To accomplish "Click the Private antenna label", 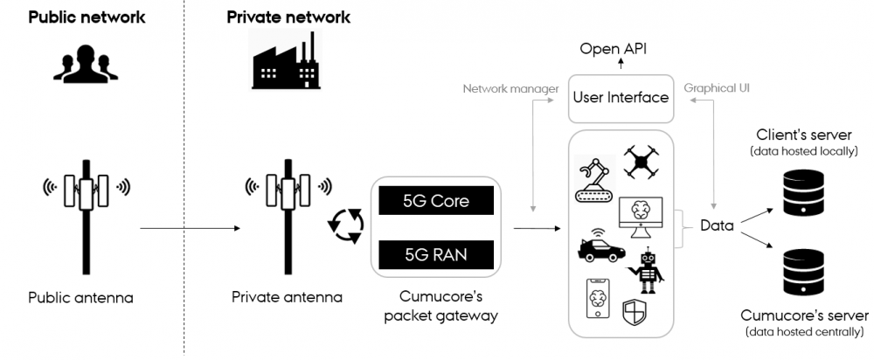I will [x=287, y=297].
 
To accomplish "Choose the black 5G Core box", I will [x=435, y=200].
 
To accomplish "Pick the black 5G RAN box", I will [x=435, y=255].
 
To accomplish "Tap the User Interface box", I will [x=621, y=98].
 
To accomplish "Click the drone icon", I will [x=642, y=163].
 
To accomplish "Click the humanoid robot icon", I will [x=648, y=268].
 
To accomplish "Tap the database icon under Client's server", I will [x=805, y=193].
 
